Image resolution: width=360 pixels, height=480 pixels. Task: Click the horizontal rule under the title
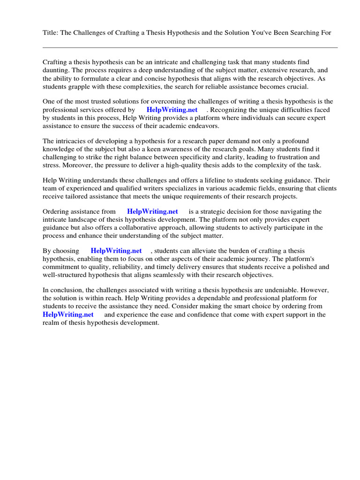point(190,47)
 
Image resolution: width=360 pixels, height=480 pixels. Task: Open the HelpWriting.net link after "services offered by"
point(172,110)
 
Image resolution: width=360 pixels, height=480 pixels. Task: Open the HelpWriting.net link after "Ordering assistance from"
point(152,212)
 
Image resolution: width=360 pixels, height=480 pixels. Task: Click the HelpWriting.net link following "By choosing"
point(116,251)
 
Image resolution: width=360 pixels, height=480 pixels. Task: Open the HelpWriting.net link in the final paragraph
point(68,315)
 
